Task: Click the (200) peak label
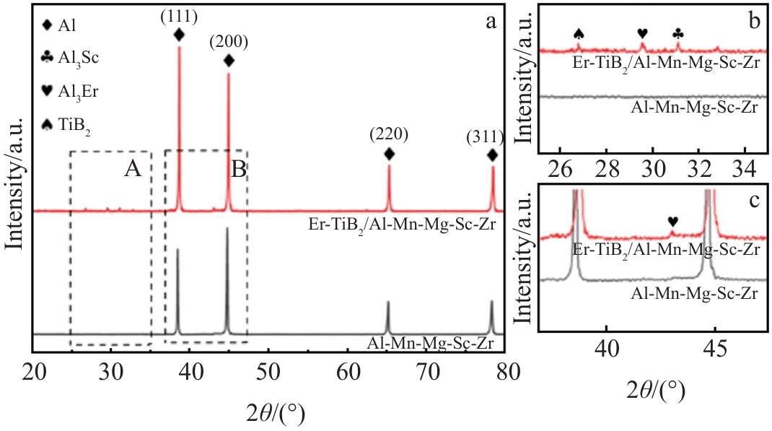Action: coord(229,42)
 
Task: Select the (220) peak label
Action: coord(389,134)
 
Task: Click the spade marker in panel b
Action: coord(578,33)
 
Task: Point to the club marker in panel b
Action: coord(677,33)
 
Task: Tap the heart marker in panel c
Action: coord(672,221)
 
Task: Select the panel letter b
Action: coord(753,21)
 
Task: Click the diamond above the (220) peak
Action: coord(389,154)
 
